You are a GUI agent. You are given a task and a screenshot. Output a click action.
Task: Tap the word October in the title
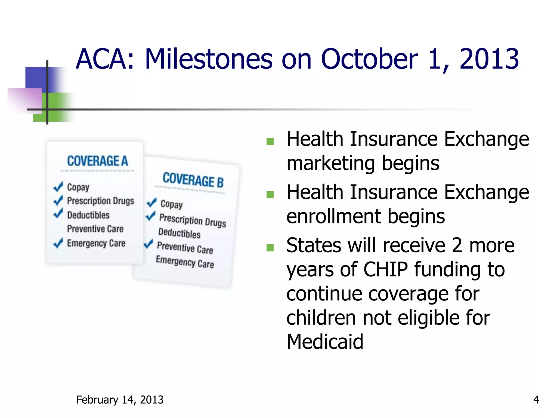(369, 59)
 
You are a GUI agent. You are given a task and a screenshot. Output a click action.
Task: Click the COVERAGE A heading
(97, 161)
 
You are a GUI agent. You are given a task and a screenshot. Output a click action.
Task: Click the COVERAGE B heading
(193, 180)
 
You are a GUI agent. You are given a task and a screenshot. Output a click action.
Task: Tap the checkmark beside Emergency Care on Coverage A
(58, 243)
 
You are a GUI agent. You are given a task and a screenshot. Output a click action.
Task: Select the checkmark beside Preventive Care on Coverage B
(148, 244)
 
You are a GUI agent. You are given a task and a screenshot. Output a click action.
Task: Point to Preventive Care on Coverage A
(95, 229)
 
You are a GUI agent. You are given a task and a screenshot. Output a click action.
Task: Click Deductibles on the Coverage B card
(180, 233)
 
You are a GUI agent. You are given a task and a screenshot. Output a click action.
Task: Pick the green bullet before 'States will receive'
(270, 248)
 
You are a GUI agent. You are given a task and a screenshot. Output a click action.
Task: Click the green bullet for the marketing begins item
(270, 142)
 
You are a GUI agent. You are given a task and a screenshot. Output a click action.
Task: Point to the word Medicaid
(325, 342)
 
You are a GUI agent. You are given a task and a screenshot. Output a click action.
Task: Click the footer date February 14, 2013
(120, 400)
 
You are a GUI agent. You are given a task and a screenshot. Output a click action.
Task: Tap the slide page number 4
(536, 400)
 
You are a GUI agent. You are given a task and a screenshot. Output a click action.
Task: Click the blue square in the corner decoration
(36, 78)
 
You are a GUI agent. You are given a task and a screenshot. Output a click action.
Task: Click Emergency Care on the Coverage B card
(185, 262)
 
